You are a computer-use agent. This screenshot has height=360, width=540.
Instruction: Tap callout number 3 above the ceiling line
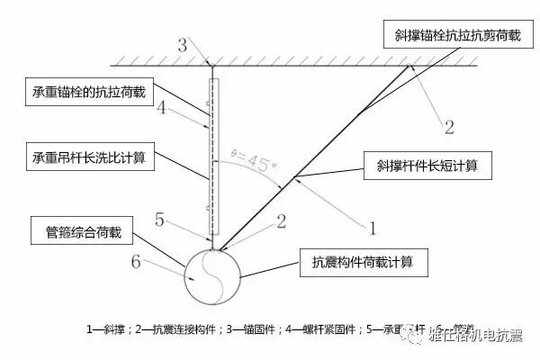tap(183, 44)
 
